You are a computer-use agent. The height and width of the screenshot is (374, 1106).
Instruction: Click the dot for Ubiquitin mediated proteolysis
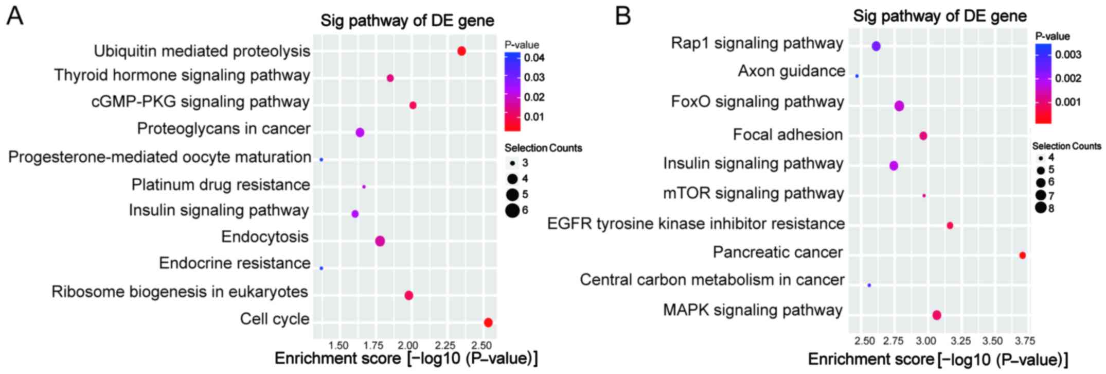[x=461, y=51]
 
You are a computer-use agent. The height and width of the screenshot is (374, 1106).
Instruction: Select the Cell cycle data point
[x=488, y=322]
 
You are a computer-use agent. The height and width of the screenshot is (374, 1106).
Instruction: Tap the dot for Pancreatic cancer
[x=1022, y=256]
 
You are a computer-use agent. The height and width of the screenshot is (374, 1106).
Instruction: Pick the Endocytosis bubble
[x=380, y=241]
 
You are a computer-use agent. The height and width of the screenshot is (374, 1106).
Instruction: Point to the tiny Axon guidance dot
[x=857, y=76]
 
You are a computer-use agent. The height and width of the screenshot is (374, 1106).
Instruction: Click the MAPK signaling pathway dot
[x=937, y=315]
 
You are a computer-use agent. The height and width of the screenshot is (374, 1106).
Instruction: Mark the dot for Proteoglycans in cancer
[x=360, y=132]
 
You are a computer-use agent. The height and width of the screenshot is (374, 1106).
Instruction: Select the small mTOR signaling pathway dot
[x=924, y=196]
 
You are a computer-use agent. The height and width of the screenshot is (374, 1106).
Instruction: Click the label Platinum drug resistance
[x=221, y=184]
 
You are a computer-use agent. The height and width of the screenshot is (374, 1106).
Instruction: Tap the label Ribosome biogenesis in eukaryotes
[x=180, y=292]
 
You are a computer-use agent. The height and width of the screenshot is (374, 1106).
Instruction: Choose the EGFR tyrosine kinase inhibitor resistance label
[x=695, y=224]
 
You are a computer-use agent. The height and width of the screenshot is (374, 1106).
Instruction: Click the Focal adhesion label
[x=788, y=135]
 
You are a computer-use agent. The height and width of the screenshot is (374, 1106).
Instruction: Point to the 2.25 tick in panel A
[x=445, y=345]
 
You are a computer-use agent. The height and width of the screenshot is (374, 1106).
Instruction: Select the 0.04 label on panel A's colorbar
[x=534, y=58]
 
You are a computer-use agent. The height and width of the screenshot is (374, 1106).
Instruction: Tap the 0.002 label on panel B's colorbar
[x=1068, y=78]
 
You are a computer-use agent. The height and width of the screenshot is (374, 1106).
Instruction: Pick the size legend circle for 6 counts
[x=512, y=210]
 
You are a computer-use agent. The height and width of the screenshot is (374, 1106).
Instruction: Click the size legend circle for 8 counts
[x=1041, y=208]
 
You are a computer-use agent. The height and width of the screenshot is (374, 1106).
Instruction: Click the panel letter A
[x=15, y=16]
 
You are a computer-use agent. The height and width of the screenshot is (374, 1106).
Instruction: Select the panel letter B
[x=623, y=16]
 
